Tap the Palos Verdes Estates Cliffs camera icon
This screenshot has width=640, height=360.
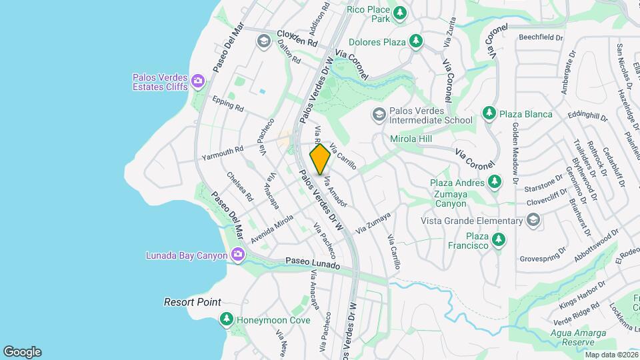(x=197, y=81)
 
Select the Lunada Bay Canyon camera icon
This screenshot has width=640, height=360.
(x=237, y=255)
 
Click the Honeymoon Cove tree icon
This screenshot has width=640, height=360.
(x=227, y=320)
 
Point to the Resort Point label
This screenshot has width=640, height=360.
(x=193, y=302)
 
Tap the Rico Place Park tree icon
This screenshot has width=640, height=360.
(x=399, y=13)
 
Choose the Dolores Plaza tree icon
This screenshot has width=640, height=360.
(x=416, y=42)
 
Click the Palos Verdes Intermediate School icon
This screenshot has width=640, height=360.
(x=379, y=114)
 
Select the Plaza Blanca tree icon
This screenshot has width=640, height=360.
(x=489, y=113)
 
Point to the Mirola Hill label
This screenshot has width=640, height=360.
(x=411, y=139)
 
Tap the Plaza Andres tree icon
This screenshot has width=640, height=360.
(x=494, y=181)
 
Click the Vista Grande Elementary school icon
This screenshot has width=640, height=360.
(x=533, y=221)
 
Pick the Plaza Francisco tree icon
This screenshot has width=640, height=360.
(x=498, y=241)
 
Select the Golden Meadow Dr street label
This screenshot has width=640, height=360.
(x=515, y=153)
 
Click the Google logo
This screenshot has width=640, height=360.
(x=22, y=351)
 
